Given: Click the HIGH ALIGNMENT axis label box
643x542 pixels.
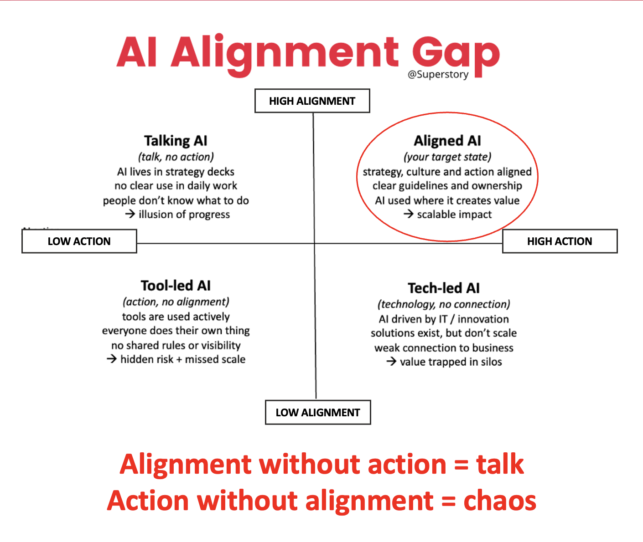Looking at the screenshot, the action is [312, 101].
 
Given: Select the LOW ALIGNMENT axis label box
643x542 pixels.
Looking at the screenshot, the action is [318, 413].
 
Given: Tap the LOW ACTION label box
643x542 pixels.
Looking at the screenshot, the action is [79, 241].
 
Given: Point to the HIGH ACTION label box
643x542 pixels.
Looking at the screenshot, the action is [560, 241].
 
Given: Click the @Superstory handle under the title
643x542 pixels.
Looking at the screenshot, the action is [438, 74].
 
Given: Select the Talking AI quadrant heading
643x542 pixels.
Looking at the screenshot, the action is [176, 141].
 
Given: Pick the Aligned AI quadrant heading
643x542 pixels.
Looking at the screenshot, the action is [447, 141].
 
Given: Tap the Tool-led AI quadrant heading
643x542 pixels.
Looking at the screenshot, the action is [176, 286].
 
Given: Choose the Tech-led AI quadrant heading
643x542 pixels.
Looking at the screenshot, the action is [444, 288].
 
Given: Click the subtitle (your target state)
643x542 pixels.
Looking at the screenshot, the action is [447, 157].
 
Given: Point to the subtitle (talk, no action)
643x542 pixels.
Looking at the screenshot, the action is [176, 157].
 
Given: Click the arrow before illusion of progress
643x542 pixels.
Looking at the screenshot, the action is [130, 214].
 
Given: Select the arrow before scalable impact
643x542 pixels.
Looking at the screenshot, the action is [409, 214].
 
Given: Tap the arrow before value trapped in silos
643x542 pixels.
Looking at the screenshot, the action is [391, 361].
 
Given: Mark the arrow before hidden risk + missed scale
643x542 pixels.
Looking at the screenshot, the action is [112, 358].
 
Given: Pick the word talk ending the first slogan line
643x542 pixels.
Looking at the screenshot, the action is [500, 464].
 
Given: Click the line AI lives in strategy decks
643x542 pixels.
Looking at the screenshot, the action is [176, 172].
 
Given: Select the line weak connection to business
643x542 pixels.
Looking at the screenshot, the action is [444, 348].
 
